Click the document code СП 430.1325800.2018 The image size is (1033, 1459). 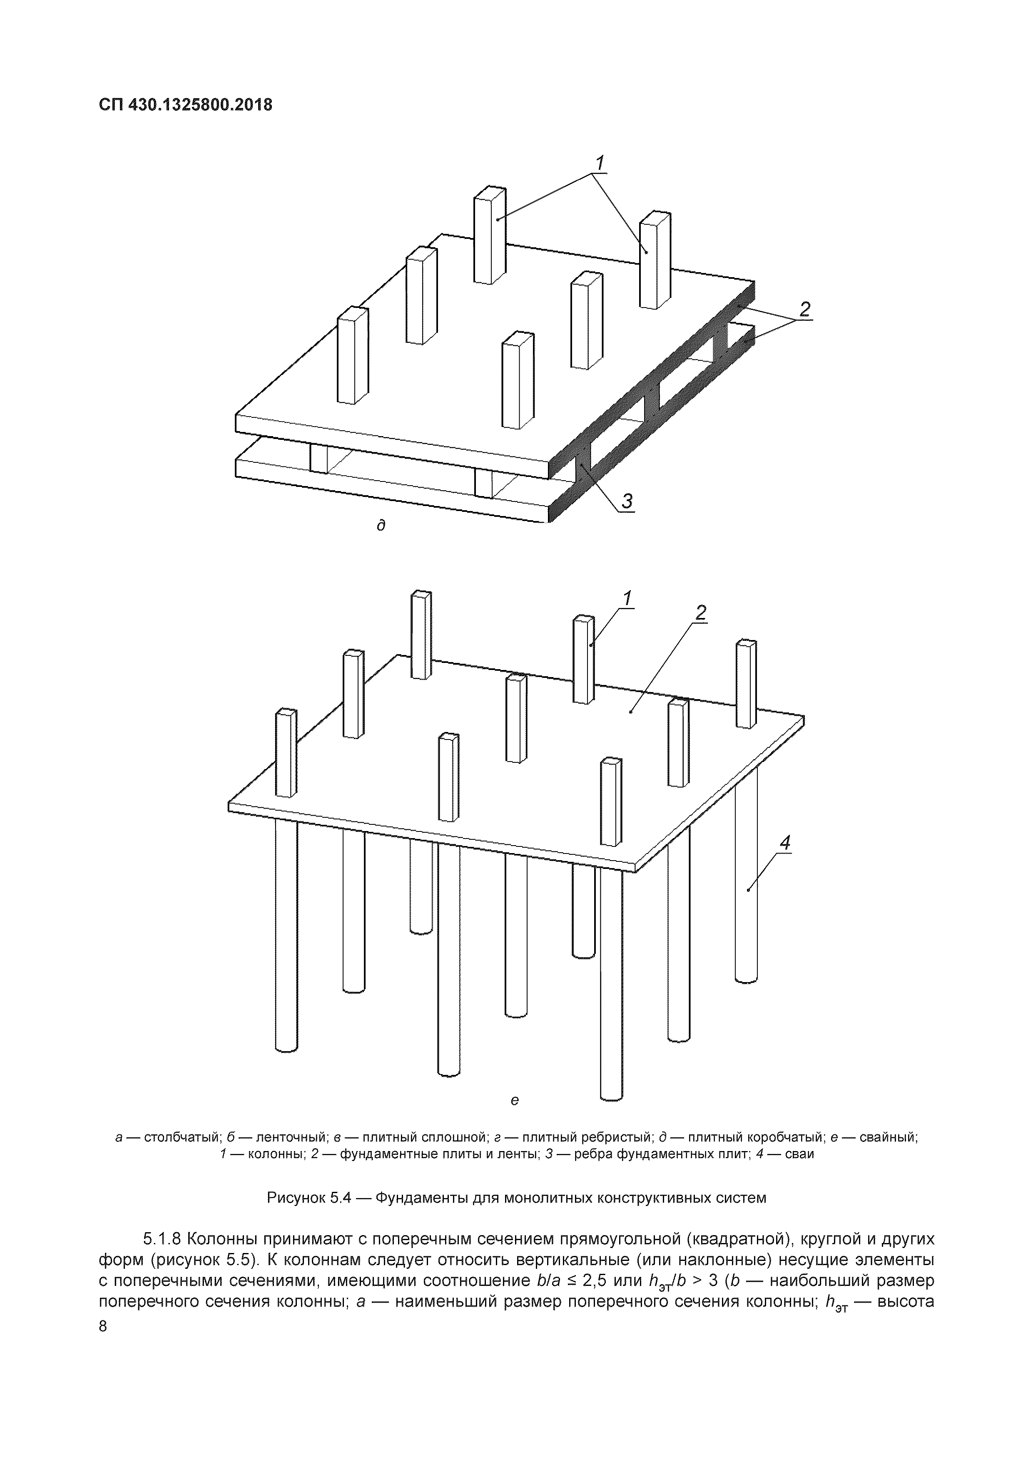click(186, 105)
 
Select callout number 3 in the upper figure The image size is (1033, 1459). click(627, 501)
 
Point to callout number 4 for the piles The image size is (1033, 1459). click(786, 843)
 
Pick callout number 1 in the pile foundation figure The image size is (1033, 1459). click(628, 598)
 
